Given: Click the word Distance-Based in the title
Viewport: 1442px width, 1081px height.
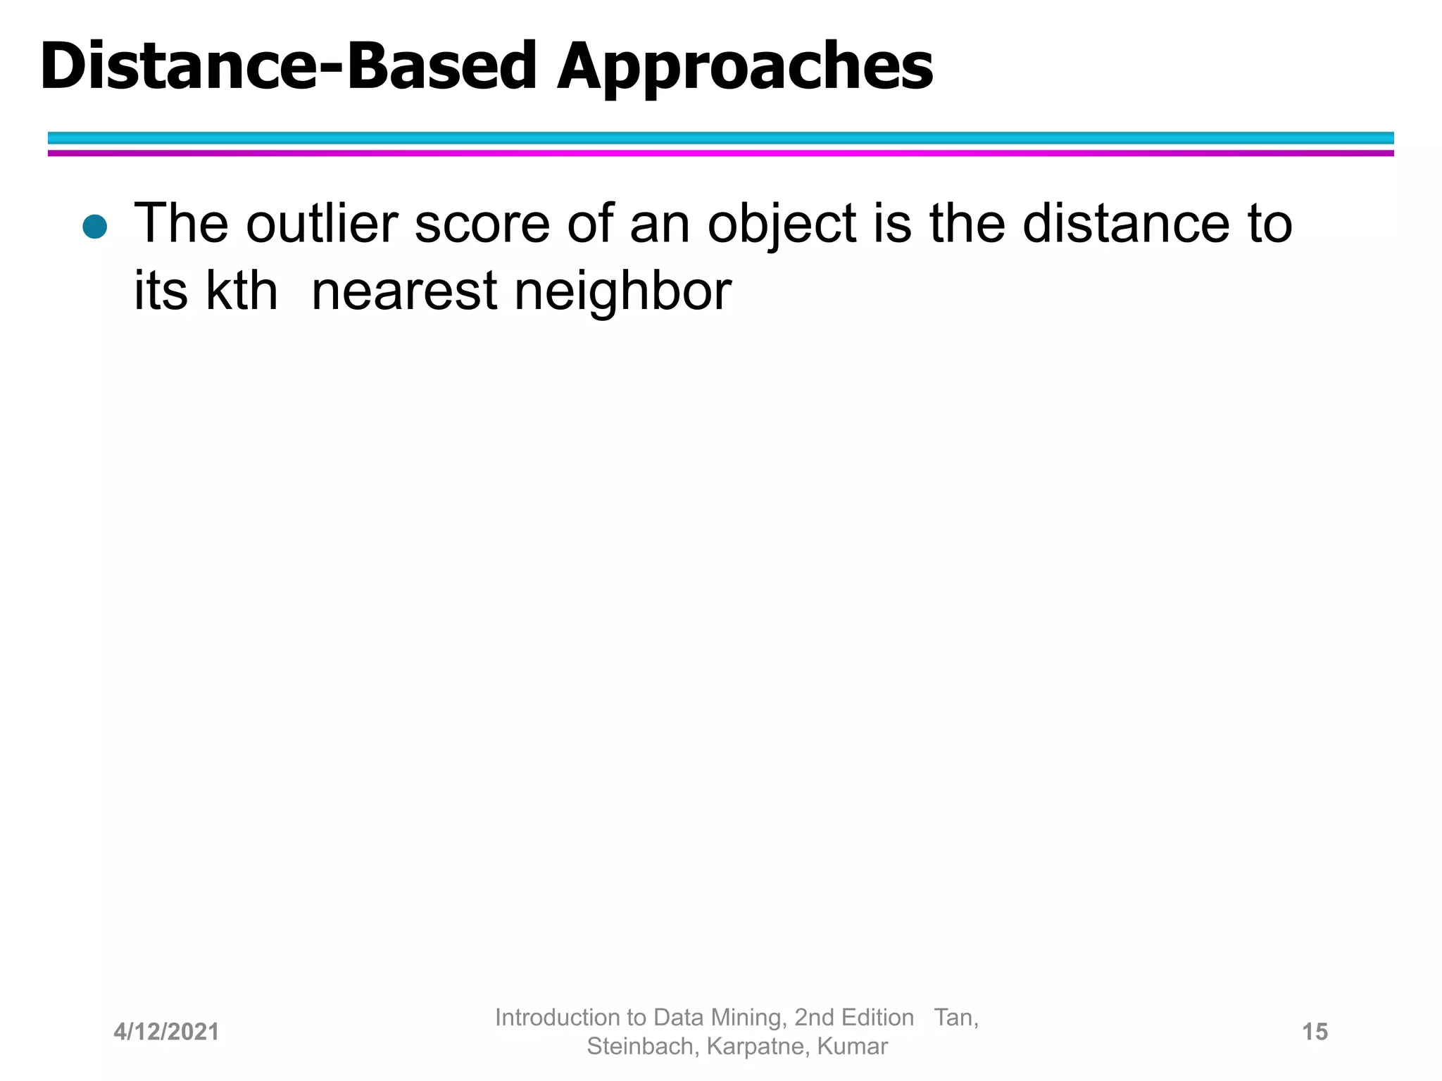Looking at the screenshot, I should pos(289,67).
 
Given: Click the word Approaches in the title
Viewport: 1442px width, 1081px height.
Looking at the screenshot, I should pos(745,67).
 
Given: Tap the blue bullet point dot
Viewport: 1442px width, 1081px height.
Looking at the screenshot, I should pos(94,227).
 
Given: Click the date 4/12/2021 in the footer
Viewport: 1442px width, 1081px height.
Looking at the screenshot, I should pos(166,1032).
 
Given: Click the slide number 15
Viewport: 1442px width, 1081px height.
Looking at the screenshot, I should pos(1315,1032).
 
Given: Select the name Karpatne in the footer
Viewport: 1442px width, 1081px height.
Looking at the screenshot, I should pos(758,1047).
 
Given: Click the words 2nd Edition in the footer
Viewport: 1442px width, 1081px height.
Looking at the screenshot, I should pos(853,1018).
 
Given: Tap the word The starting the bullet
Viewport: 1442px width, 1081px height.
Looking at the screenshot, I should pos(181,224).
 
